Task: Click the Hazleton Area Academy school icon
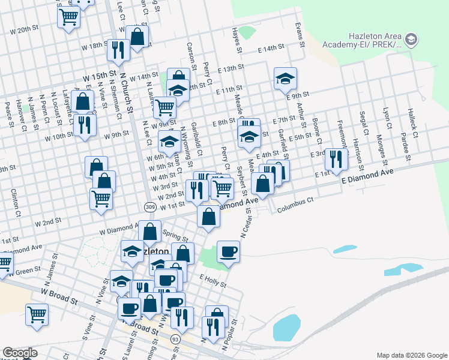point(411,40)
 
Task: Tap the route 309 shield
point(150,206)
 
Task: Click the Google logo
point(20,353)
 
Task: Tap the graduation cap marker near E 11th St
point(285,77)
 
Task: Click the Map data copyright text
point(411,355)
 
